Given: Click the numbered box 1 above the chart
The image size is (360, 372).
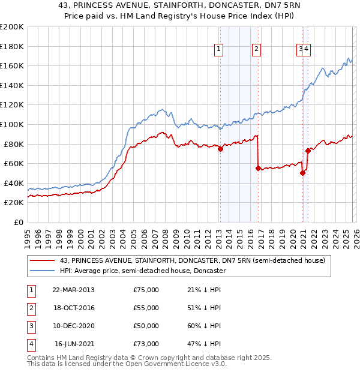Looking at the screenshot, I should tap(219, 50).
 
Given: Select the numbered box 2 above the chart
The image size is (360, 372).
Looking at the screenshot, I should tap(256, 50).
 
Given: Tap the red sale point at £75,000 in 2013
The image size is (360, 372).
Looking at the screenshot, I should tap(220, 149).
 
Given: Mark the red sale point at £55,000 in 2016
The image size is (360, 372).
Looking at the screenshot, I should tap(258, 169).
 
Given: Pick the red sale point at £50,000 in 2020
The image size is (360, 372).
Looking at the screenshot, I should tap(302, 173).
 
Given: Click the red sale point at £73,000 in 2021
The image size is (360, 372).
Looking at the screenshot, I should tap(308, 151).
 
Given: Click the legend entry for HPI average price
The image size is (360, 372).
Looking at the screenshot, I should tap(142, 271).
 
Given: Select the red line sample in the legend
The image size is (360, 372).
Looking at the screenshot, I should tap(42, 260).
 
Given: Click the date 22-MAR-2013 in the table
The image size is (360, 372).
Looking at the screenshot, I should tap(73, 290).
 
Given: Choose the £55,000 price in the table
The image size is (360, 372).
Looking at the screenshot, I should tap(146, 308).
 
